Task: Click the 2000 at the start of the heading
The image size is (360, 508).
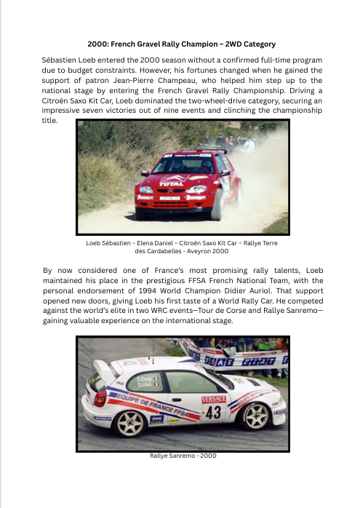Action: (97, 44)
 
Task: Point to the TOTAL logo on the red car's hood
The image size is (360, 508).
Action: (172, 183)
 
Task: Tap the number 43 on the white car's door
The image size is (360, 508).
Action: (213, 412)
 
